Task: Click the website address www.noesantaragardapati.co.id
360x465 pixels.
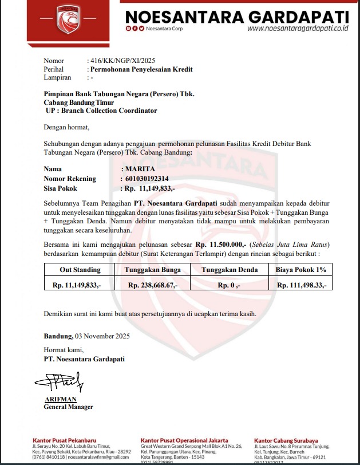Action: click(298, 27)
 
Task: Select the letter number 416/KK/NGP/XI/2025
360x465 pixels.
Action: click(121, 60)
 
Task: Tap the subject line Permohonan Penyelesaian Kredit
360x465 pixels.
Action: click(142, 69)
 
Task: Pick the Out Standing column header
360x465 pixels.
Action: click(80, 270)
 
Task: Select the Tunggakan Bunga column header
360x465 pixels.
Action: click(152, 270)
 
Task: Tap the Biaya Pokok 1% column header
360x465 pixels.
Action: click(300, 270)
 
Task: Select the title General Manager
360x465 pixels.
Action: click(68, 407)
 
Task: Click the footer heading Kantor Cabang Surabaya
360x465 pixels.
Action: click(286, 440)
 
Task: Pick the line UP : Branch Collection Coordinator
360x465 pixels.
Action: click(101, 111)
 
